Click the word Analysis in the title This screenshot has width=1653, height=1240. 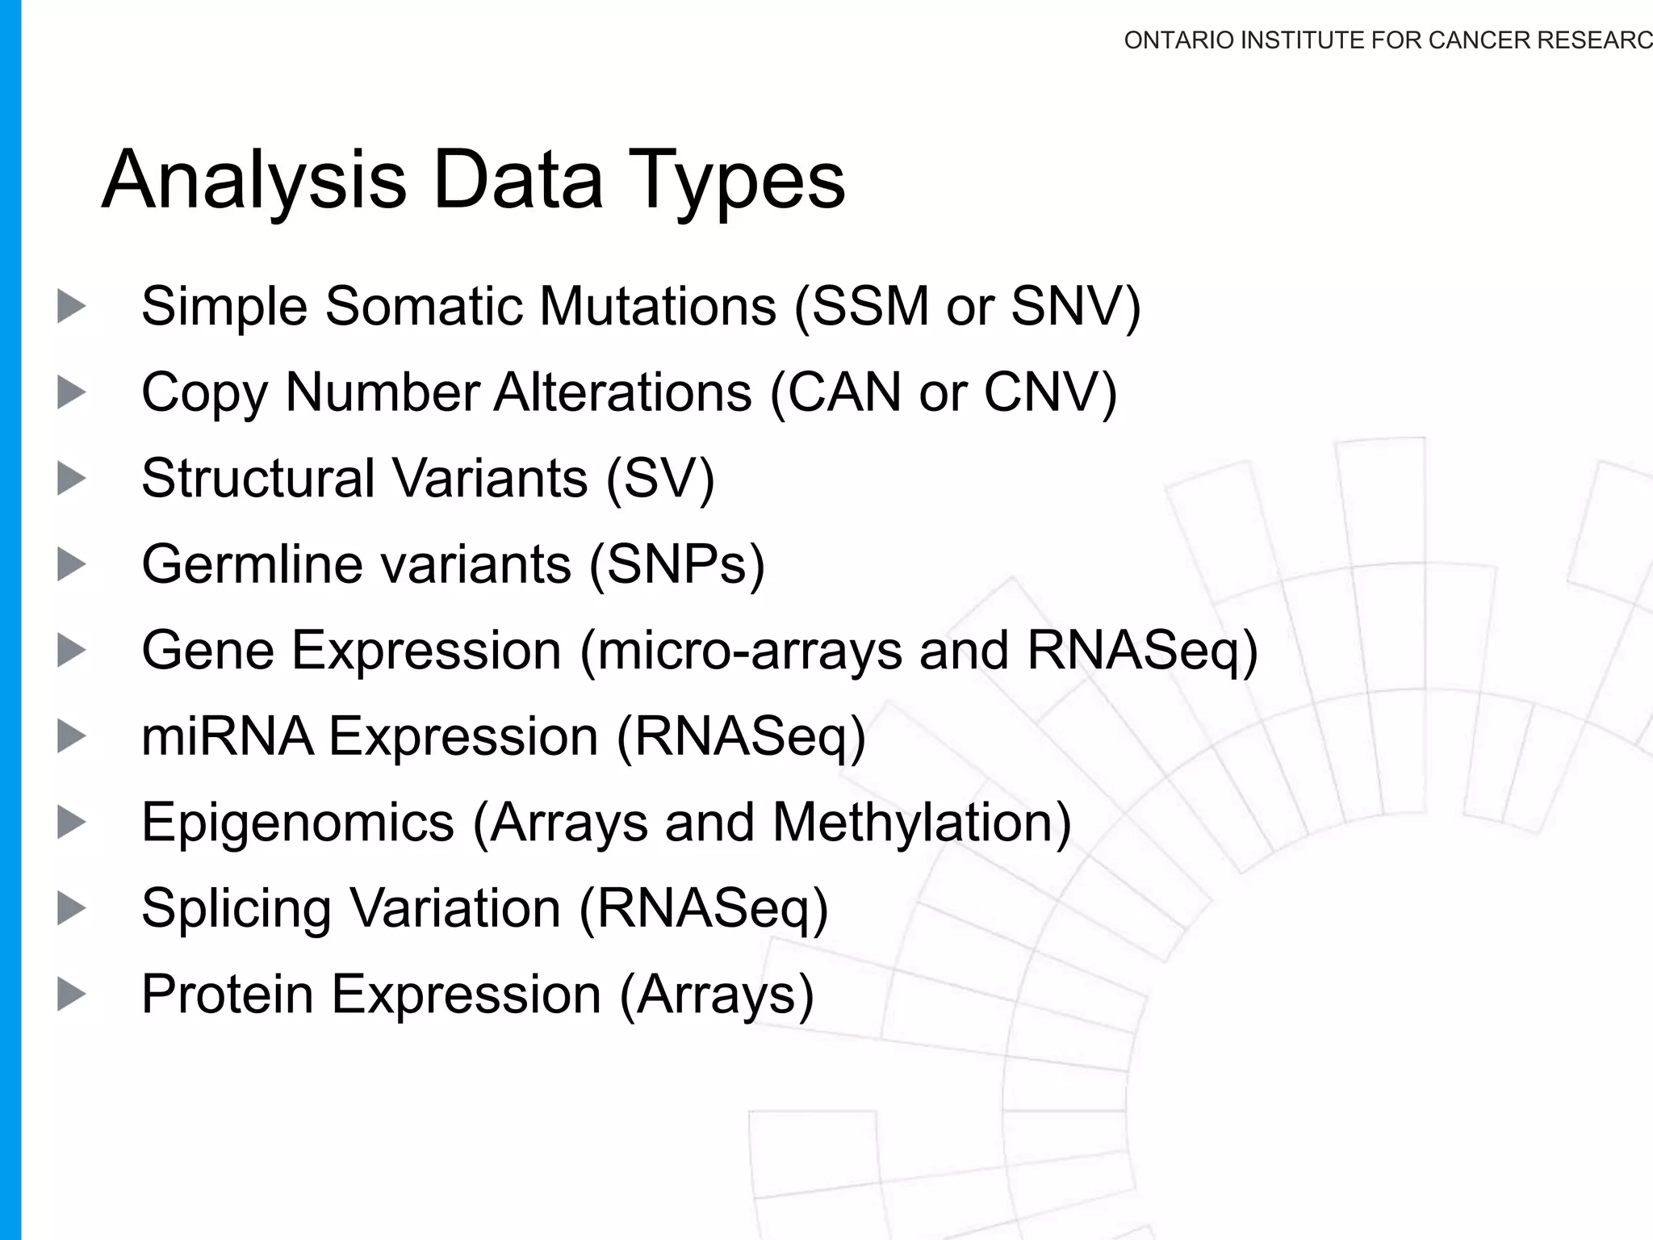[x=253, y=181]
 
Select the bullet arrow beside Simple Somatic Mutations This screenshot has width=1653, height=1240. [x=71, y=307]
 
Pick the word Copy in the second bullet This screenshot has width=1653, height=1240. [x=203, y=393]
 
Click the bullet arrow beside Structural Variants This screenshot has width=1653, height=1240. [x=71, y=479]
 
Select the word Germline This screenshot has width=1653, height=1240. [x=252, y=564]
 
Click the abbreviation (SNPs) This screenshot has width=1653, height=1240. [x=676, y=564]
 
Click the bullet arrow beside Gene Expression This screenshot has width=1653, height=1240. [x=71, y=651]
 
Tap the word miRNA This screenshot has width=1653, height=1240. [x=228, y=736]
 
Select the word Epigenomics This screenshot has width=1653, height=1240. [x=298, y=823]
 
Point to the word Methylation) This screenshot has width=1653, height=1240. [x=922, y=823]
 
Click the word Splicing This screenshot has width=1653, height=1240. [x=236, y=908]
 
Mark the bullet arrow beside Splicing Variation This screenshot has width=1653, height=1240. [x=71, y=908]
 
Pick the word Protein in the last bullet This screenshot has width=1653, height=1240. [x=228, y=994]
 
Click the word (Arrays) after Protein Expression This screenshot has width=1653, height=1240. [x=717, y=994]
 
